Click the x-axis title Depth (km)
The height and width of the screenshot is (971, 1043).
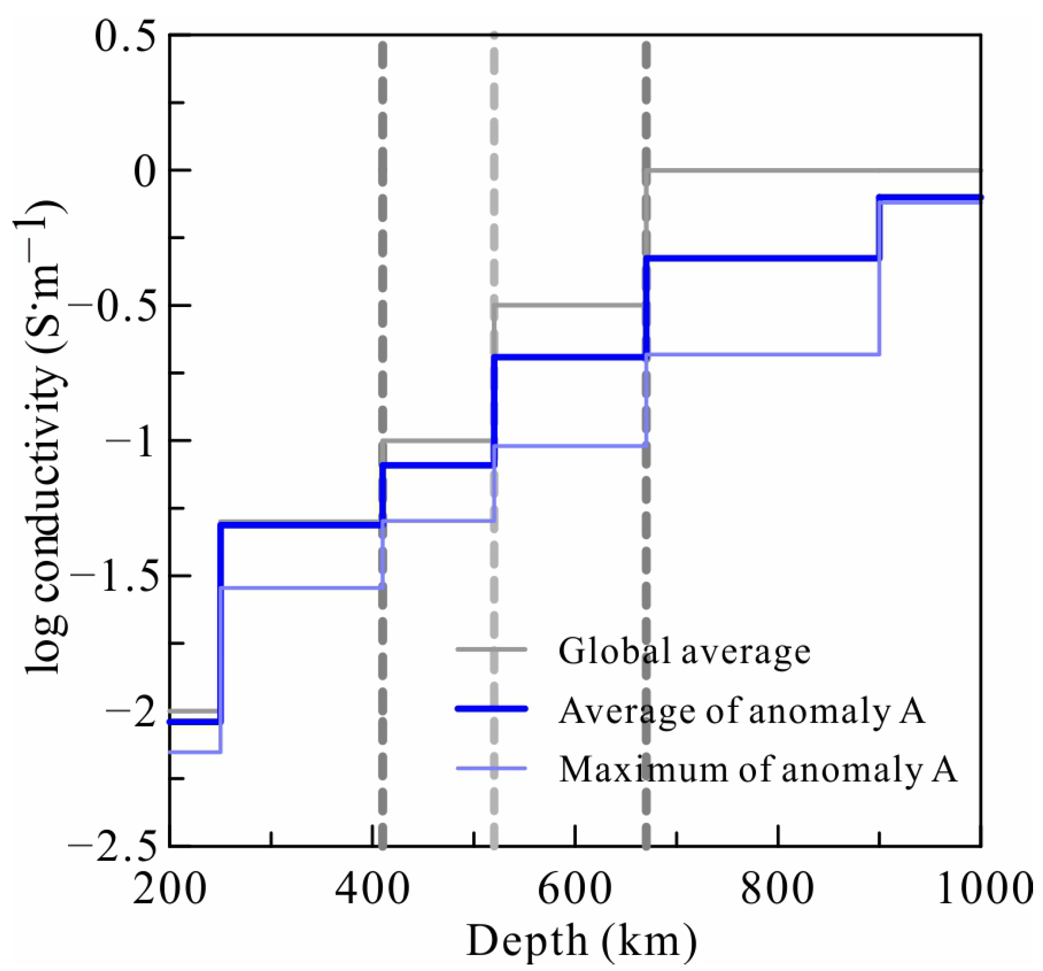(581, 942)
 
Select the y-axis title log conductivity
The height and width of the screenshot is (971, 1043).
(44, 435)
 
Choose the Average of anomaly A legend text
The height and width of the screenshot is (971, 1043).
(741, 711)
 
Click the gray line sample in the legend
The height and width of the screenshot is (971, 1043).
(491, 649)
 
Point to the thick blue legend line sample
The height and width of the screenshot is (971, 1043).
(491, 709)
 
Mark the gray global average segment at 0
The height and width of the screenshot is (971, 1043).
(813, 170)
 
